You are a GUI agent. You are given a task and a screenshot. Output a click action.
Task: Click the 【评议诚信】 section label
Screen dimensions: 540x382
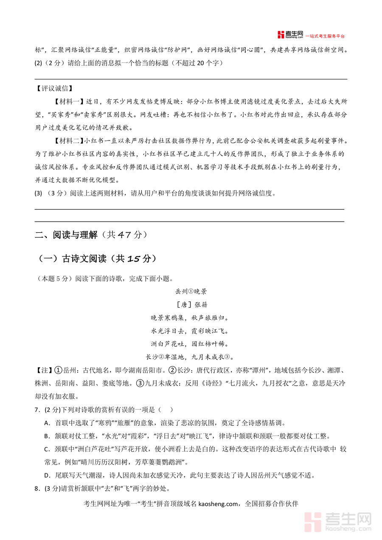(54, 89)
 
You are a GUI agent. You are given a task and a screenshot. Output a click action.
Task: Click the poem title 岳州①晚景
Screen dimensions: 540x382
(191, 292)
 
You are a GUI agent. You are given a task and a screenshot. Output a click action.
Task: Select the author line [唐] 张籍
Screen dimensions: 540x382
(191, 305)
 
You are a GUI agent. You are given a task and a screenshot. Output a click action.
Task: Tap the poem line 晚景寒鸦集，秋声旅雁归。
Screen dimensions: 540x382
(191, 318)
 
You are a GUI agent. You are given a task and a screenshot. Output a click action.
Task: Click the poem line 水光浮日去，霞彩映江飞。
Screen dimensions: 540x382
(191, 331)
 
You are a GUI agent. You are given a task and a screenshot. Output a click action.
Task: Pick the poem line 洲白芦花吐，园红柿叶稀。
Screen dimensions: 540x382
(191, 343)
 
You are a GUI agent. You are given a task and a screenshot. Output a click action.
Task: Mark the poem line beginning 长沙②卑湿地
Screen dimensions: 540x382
(191, 357)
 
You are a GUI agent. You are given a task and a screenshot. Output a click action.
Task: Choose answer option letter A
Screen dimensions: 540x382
(46, 423)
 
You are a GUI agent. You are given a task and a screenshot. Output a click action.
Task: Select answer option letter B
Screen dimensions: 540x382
(46, 436)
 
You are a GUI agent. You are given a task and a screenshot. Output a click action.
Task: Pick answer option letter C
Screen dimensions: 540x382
(46, 449)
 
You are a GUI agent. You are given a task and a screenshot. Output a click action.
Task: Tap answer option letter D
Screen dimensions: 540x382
(46, 475)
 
